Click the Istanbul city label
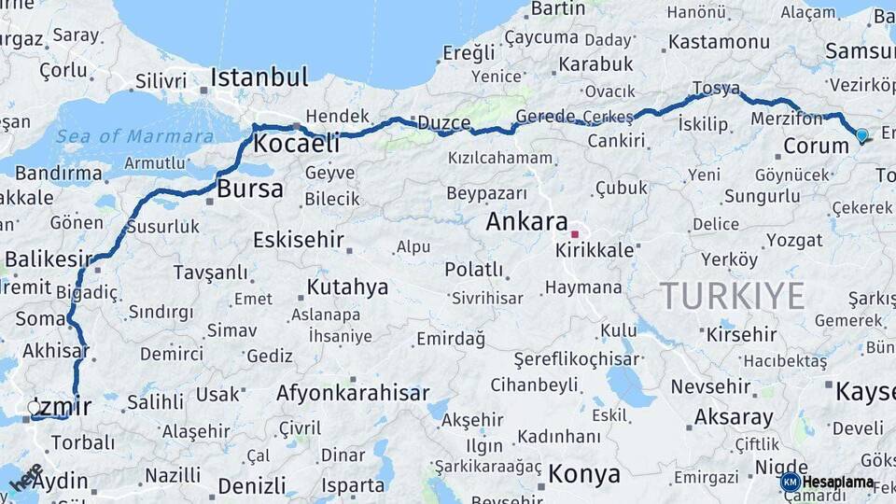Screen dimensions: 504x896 tap(259, 77)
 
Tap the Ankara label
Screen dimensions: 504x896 tap(526, 223)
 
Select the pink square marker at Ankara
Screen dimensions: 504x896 tap(576, 234)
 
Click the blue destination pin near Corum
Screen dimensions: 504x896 tap(861, 136)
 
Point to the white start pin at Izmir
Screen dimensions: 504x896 tap(35, 407)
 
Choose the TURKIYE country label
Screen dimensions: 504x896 tap(733, 296)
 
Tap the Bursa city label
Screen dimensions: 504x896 tap(249, 189)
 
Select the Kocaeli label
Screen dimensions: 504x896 tap(296, 145)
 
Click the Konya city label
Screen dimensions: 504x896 tap(584, 474)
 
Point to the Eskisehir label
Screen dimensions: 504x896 tap(299, 240)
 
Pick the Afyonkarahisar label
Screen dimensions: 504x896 tap(353, 393)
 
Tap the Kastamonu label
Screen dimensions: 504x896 tap(719, 42)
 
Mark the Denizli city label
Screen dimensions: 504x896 tap(251, 486)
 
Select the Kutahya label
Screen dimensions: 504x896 tap(347, 287)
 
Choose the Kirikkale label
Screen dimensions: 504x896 tap(595, 251)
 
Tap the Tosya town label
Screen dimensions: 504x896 tap(716, 89)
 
